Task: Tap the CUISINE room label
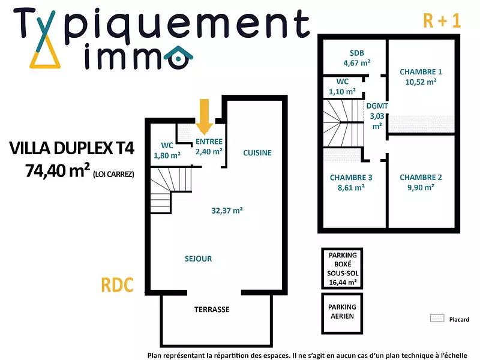[x=257, y=153]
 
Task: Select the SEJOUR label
[x=198, y=259]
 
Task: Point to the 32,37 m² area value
[x=227, y=211]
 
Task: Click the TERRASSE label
[x=211, y=310]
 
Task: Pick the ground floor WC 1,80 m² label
[x=167, y=150]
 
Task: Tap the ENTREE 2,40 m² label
[x=209, y=147]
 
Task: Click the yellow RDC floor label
[x=116, y=285]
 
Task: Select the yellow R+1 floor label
[x=442, y=20]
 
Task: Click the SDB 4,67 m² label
[x=356, y=57]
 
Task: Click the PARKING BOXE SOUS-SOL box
[x=342, y=268]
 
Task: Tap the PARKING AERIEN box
[x=342, y=311]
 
